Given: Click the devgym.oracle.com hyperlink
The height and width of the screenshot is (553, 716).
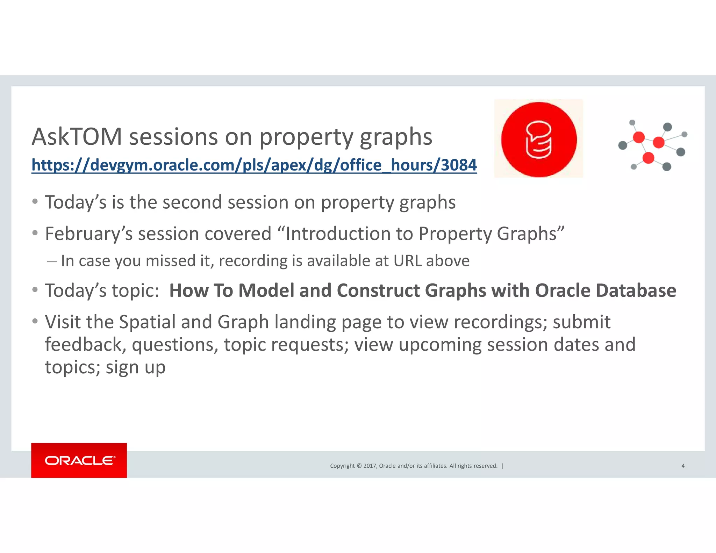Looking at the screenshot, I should [x=254, y=165].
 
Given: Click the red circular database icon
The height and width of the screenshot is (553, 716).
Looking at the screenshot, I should [x=539, y=139].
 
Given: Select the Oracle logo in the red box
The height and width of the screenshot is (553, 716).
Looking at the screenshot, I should [x=79, y=460].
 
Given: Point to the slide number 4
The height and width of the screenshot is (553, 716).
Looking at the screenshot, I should [x=683, y=466].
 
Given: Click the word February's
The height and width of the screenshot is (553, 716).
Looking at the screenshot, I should [x=89, y=234].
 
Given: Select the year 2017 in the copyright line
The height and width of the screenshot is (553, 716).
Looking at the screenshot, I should [x=370, y=466].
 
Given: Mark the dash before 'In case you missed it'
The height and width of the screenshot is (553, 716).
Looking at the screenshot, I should [x=52, y=261].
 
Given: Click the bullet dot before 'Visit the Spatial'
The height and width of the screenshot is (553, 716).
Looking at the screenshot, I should [x=35, y=321].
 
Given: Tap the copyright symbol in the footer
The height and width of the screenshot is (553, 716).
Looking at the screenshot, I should [x=359, y=466].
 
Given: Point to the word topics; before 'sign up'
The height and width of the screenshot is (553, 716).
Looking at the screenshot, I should [x=73, y=367].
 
